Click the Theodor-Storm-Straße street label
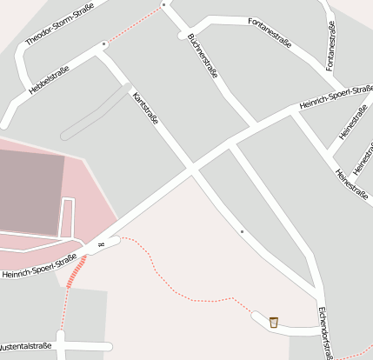[x=59, y=25]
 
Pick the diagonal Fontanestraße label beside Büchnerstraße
[x=270, y=31]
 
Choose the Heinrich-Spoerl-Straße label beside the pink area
[x=40, y=266]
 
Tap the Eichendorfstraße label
[x=324, y=330]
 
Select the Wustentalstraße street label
[x=26, y=345]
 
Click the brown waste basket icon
[x=274, y=322]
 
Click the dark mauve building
[x=30, y=192]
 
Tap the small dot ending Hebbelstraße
[x=104, y=43]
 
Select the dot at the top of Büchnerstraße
[x=163, y=5]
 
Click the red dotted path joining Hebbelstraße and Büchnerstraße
[x=135, y=23]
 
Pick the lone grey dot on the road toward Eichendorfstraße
[x=242, y=232]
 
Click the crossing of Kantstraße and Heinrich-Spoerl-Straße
[x=194, y=167]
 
